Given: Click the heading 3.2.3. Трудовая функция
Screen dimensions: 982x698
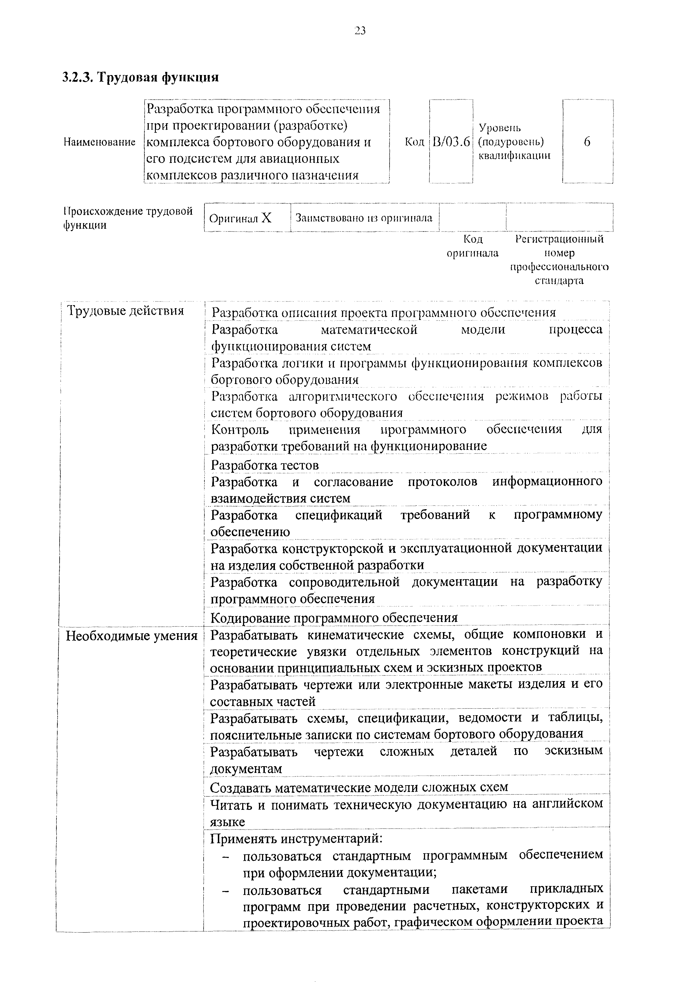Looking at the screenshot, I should coord(141,78).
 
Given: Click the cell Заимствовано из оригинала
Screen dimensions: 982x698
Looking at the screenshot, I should coord(364,218).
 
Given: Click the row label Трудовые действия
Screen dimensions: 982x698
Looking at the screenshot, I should coord(126,310).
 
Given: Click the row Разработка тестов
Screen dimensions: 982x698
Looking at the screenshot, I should coord(265,466).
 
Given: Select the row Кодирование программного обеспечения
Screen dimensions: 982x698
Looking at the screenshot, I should coord(334,618).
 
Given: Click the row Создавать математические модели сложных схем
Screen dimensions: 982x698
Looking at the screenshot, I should coord(359,787).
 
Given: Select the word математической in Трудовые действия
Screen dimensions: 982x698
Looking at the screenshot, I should coord(369,330).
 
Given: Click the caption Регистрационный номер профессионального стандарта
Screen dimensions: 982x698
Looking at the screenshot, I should coord(559,260).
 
